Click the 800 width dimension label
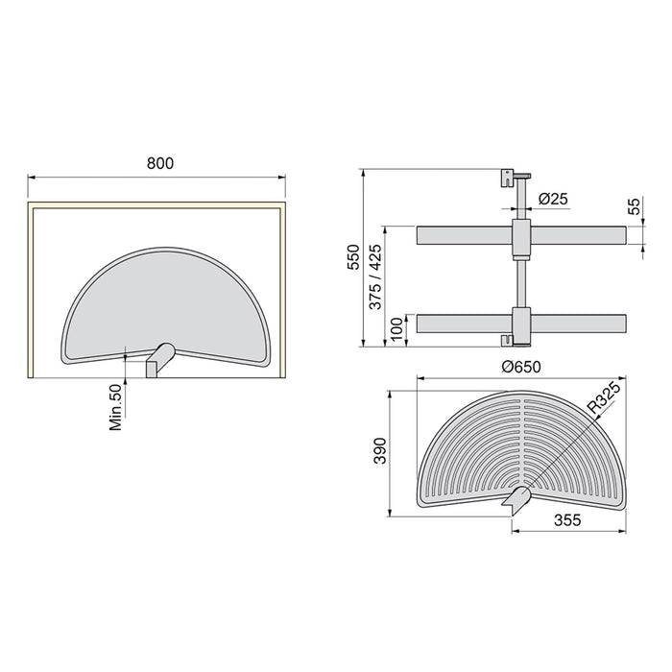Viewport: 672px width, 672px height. [159, 163]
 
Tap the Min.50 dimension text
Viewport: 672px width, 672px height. [116, 407]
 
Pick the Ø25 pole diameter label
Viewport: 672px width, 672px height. [553, 199]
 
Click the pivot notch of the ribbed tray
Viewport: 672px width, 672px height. [516, 497]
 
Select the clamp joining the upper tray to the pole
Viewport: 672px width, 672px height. [520, 236]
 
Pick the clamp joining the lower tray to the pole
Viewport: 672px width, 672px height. [520, 324]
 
